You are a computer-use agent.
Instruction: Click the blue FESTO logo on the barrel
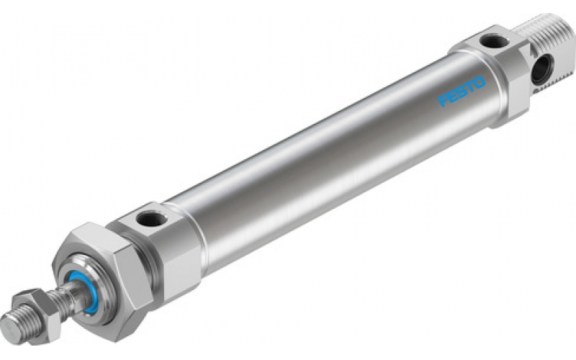(462, 92)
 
